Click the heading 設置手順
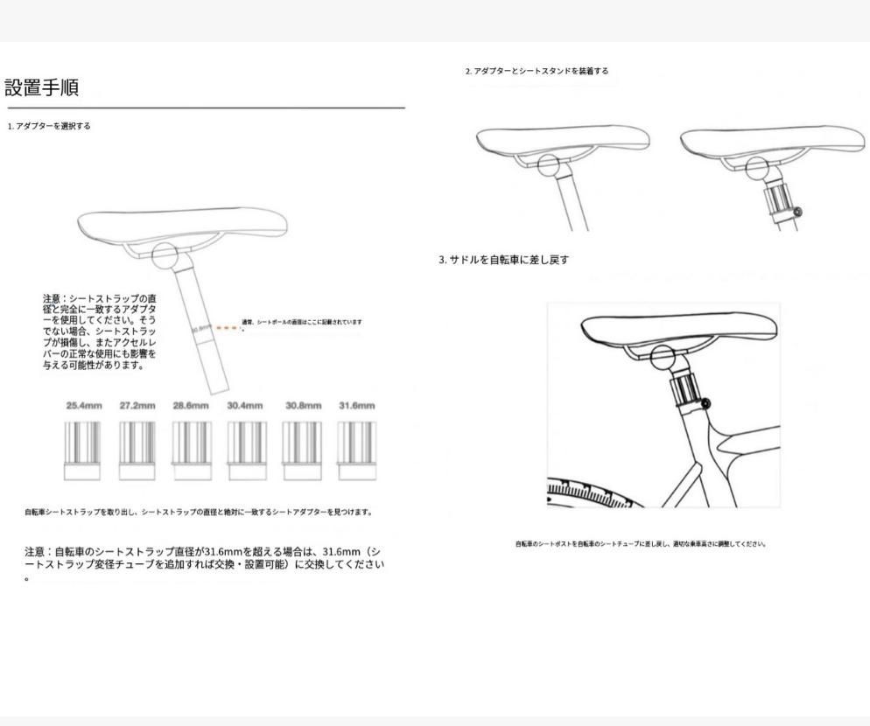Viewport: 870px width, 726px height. tap(41, 87)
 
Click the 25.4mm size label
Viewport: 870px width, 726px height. tap(83, 406)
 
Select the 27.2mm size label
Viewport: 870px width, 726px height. tap(137, 406)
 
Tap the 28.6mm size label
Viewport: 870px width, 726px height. tap(191, 406)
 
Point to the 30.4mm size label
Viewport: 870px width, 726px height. tap(245, 406)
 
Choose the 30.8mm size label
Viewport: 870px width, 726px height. tap(303, 406)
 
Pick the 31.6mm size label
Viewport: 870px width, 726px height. tap(356, 406)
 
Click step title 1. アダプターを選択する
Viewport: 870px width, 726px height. tap(49, 126)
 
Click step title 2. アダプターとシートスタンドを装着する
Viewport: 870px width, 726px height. tap(537, 71)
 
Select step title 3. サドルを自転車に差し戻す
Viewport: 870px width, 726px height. tap(503, 260)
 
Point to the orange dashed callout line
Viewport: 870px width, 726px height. tap(227, 328)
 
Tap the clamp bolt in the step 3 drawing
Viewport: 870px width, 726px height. tap(705, 402)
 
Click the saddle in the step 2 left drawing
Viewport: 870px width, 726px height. tap(563, 140)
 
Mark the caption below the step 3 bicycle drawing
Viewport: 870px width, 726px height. tap(641, 544)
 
